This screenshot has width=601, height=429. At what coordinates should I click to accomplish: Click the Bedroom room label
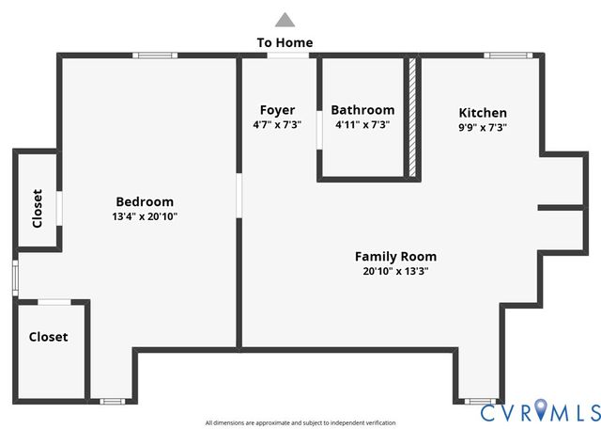click(145, 201)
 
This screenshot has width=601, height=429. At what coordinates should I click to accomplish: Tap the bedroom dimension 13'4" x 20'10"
click(145, 216)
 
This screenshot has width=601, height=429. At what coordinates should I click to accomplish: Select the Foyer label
click(277, 110)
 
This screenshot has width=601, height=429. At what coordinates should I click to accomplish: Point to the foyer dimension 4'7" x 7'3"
click(277, 124)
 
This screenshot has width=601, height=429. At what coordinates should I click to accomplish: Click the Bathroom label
click(362, 110)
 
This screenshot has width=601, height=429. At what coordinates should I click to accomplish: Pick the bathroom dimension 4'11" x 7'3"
click(362, 124)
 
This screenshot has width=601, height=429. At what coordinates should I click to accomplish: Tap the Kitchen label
click(483, 113)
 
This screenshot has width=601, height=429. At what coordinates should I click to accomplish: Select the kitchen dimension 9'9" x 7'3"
click(483, 127)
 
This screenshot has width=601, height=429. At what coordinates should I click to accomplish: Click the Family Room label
click(395, 256)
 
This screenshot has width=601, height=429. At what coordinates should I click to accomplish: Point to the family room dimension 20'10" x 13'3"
click(395, 271)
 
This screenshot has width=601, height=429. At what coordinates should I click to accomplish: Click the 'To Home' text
click(285, 42)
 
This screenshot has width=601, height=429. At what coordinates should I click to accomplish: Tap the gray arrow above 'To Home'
click(285, 19)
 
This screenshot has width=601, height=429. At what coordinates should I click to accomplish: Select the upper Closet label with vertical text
click(38, 209)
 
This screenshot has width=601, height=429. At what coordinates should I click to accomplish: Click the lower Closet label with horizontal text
click(48, 337)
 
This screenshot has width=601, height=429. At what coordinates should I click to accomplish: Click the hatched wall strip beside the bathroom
click(411, 117)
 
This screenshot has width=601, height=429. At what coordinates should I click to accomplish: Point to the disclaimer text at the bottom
click(300, 423)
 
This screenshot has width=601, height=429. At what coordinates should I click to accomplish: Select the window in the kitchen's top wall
click(508, 56)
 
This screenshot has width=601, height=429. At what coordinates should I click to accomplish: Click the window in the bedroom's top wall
click(155, 56)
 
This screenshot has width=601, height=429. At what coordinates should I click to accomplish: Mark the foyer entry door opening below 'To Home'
click(287, 56)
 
